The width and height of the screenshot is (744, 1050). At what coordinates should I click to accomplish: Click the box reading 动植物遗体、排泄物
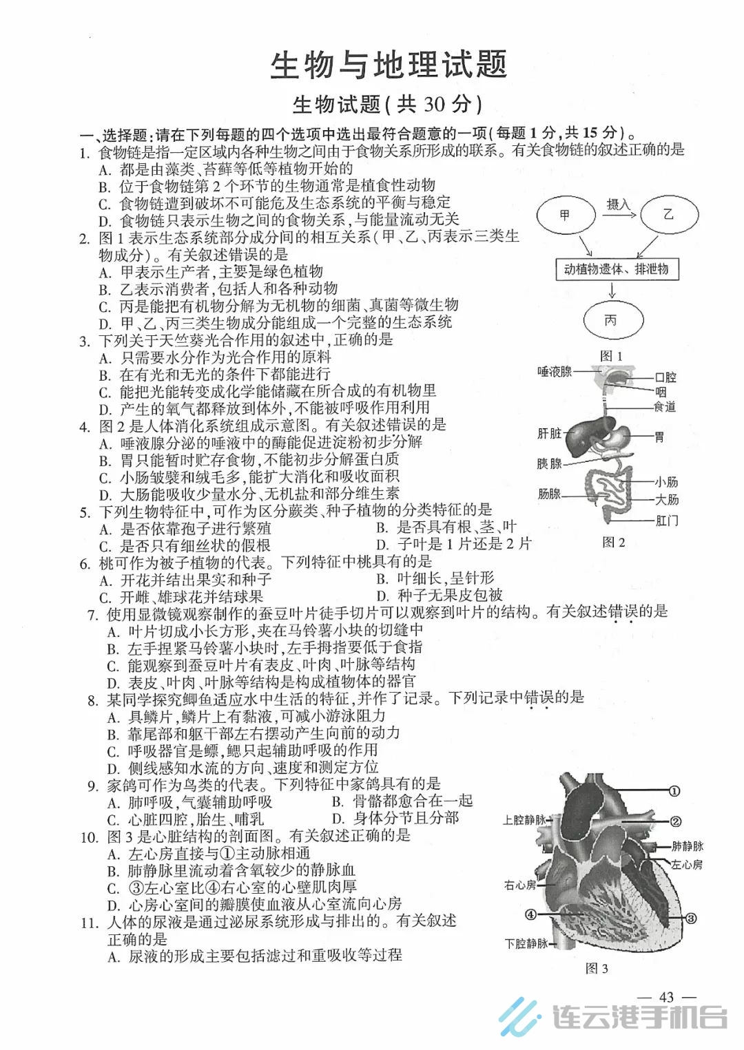pyautogui.click(x=617, y=269)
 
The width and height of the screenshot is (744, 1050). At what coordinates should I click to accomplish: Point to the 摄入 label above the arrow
pyautogui.click(x=619, y=204)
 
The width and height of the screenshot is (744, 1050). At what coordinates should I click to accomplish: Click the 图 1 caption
pyautogui.click(x=611, y=356)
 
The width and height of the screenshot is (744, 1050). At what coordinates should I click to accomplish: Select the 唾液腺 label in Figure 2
pyautogui.click(x=555, y=372)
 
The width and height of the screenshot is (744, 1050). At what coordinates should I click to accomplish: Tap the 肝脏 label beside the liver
pyautogui.click(x=549, y=433)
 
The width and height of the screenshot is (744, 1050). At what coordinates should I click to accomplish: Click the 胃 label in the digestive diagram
pyautogui.click(x=659, y=437)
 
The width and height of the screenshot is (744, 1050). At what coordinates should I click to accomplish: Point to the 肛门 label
pyautogui.click(x=667, y=521)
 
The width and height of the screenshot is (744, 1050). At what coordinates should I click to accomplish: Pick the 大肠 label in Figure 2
pyautogui.click(x=667, y=500)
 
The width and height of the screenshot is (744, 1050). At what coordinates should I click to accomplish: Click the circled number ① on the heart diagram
pyautogui.click(x=674, y=791)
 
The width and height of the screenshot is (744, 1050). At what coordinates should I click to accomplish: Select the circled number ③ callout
pyautogui.click(x=690, y=918)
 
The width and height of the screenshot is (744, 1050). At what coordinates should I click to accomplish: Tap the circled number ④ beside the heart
pyautogui.click(x=530, y=914)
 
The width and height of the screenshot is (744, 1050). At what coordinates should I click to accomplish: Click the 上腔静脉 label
pyautogui.click(x=524, y=820)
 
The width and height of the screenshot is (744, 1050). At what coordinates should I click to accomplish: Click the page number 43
pyautogui.click(x=667, y=997)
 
